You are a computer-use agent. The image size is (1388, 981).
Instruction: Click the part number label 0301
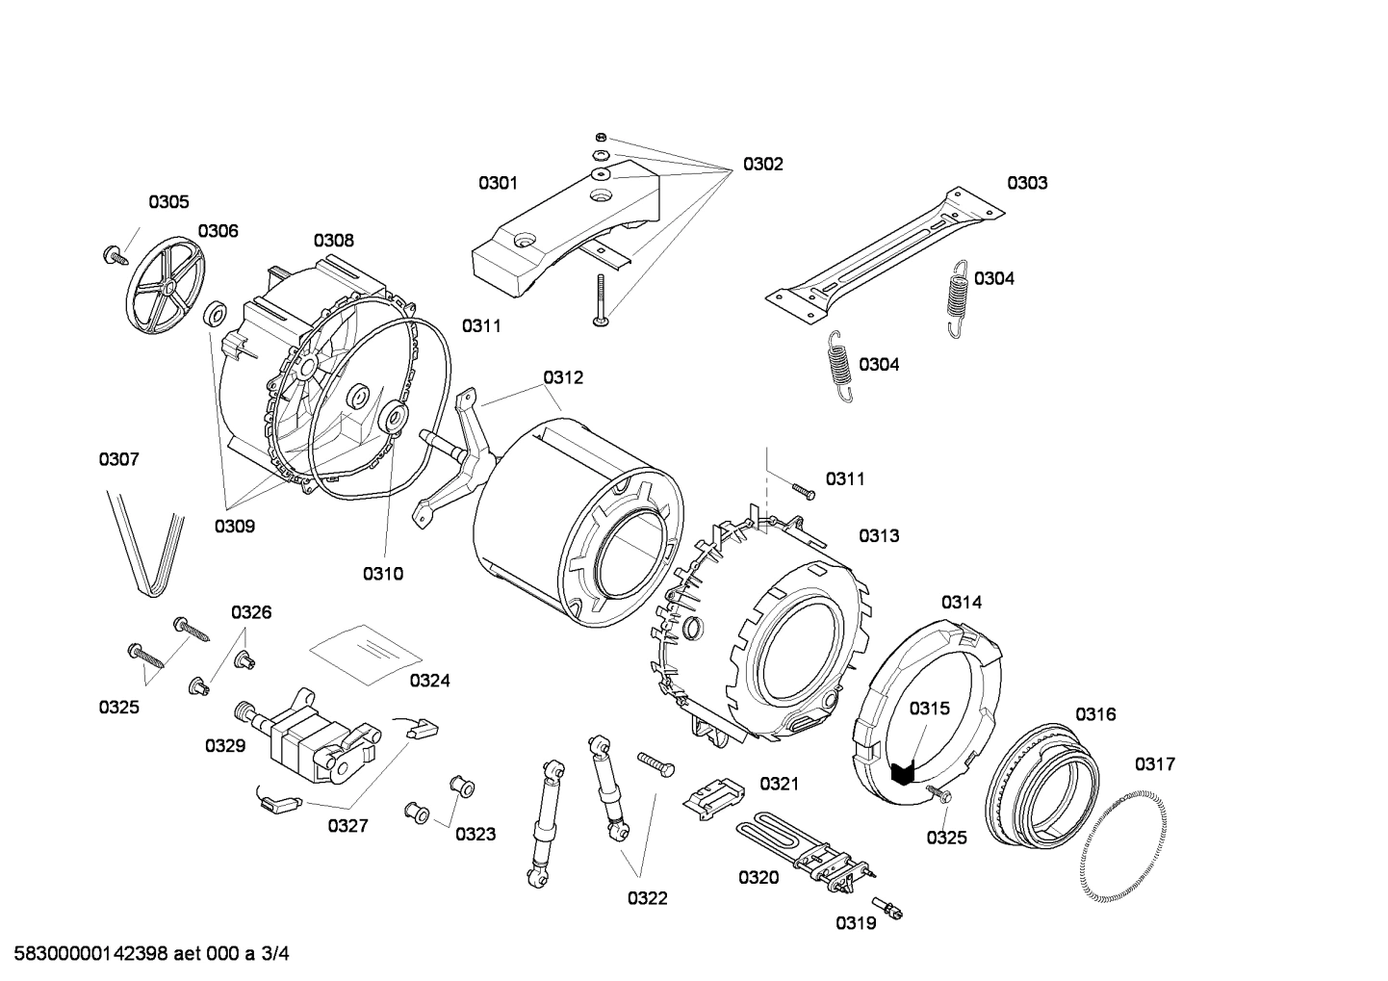(498, 183)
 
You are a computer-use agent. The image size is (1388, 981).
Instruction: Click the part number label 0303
(1027, 183)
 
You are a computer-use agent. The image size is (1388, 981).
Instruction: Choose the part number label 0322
(647, 899)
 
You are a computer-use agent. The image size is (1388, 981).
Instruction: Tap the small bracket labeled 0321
(713, 793)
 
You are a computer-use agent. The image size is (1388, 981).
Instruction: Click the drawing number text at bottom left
(144, 955)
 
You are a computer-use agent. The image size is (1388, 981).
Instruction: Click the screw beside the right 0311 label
(803, 491)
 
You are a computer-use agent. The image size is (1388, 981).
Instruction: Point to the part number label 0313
(879, 536)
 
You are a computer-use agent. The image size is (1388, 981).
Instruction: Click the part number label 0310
(382, 575)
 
